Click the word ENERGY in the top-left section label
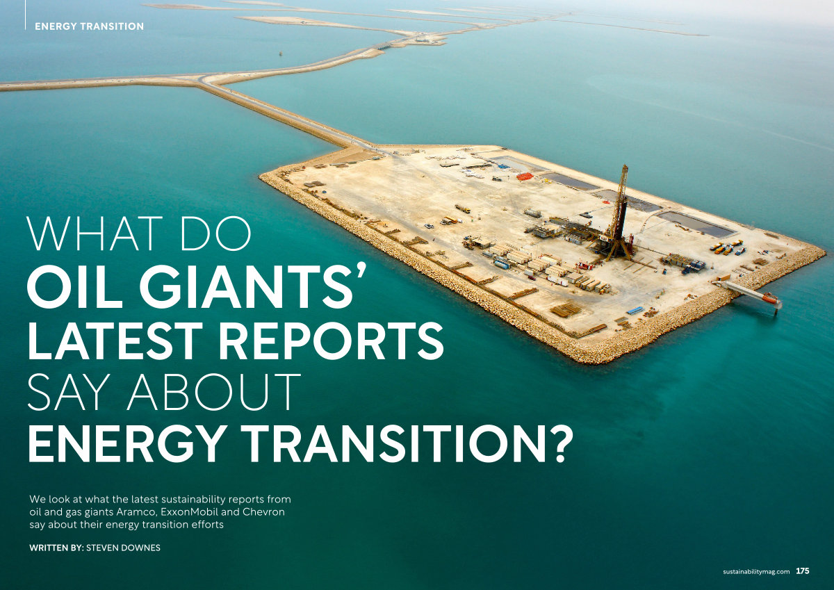pyautogui.click(x=55, y=26)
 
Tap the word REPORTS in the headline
pyautogui.click(x=331, y=341)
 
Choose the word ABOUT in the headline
pyautogui.click(x=214, y=392)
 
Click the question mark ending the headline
pyautogui.click(x=559, y=443)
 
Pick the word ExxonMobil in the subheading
pyautogui.click(x=189, y=512)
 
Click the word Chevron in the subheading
pyautogui.click(x=263, y=512)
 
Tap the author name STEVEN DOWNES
pyautogui.click(x=123, y=548)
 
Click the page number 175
pyautogui.click(x=803, y=571)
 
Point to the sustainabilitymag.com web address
pyautogui.click(x=756, y=571)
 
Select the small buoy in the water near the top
pyautogui.click(x=281, y=54)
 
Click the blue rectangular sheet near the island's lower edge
pyautogui.click(x=635, y=310)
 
